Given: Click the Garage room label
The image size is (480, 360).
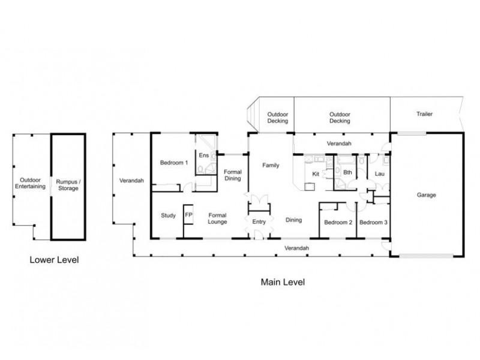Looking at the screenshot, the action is point(426,195).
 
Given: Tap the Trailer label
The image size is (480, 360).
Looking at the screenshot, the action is point(424,114).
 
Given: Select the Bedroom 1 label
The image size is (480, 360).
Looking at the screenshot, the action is point(174,163).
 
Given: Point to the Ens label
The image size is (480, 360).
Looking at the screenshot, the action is point(203,155).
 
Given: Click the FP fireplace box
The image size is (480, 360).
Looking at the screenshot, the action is point(188,215).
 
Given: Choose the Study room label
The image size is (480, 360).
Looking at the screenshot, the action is point(169,215).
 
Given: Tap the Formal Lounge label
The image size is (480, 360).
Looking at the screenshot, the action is point(217,218).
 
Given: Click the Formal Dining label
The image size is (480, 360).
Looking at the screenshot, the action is point(233,175).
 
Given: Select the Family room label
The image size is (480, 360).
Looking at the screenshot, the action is point(271,166).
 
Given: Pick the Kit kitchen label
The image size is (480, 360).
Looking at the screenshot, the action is point(316,174).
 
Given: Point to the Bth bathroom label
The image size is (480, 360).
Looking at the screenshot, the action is point(347,173).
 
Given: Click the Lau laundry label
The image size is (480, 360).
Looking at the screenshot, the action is point(380,174).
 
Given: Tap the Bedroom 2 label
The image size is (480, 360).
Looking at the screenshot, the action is point(338,223).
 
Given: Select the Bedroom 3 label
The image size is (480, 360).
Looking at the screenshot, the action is point(373,223).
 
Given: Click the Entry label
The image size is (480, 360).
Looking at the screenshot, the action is point(259,222).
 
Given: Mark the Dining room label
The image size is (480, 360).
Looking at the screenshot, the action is point(293,220).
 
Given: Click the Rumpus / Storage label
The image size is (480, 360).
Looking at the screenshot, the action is point(68,185).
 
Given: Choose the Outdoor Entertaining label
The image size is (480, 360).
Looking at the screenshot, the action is point(31,183).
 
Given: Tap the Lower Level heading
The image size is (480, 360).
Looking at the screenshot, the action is point(54,260).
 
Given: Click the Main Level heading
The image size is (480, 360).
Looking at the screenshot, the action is point(283,282).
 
